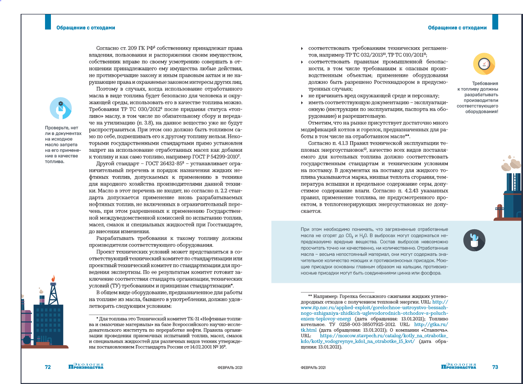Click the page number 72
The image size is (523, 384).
[x=48, y=367]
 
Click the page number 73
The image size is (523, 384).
[x=495, y=367]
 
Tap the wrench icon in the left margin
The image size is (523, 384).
[x=61, y=108]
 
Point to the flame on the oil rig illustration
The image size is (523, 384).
[x=53, y=279]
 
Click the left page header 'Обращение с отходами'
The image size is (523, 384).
[x=86, y=28]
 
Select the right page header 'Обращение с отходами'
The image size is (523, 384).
[x=457, y=28]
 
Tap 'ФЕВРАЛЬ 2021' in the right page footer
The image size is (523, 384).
[x=314, y=368]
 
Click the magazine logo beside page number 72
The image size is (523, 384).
[x=86, y=366]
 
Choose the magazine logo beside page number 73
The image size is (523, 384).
[x=459, y=366]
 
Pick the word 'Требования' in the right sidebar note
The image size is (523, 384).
[x=485, y=83]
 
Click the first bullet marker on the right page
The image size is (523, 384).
[x=302, y=49]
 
